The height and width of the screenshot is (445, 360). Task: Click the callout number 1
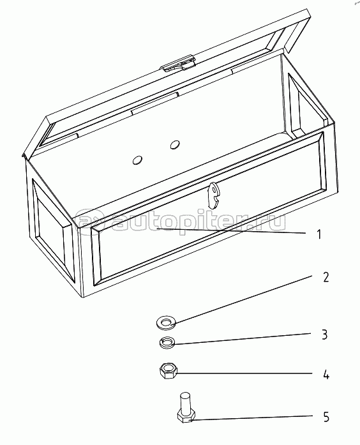319,235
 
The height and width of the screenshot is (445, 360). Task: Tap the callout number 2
326,277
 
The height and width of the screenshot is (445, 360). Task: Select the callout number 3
325,335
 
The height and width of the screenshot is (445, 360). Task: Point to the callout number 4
326,375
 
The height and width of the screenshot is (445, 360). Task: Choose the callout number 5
326,417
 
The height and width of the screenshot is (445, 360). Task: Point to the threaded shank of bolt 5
185,403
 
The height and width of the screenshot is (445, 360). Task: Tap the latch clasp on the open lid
178,64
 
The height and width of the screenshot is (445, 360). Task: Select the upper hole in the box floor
176,145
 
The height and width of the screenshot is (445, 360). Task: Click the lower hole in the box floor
138,161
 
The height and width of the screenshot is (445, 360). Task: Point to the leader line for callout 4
245,373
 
